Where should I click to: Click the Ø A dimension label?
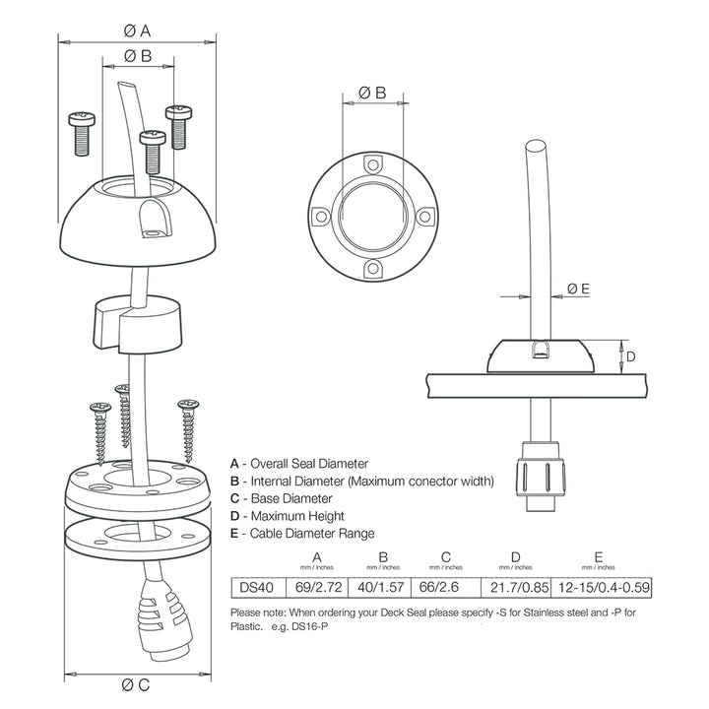(137, 30)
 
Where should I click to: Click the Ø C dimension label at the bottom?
(137, 684)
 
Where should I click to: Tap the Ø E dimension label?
(578, 289)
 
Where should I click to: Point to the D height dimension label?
(632, 355)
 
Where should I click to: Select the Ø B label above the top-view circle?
(371, 93)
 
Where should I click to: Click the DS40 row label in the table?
(252, 588)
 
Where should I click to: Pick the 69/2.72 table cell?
(318, 588)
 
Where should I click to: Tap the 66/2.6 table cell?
(447, 588)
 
